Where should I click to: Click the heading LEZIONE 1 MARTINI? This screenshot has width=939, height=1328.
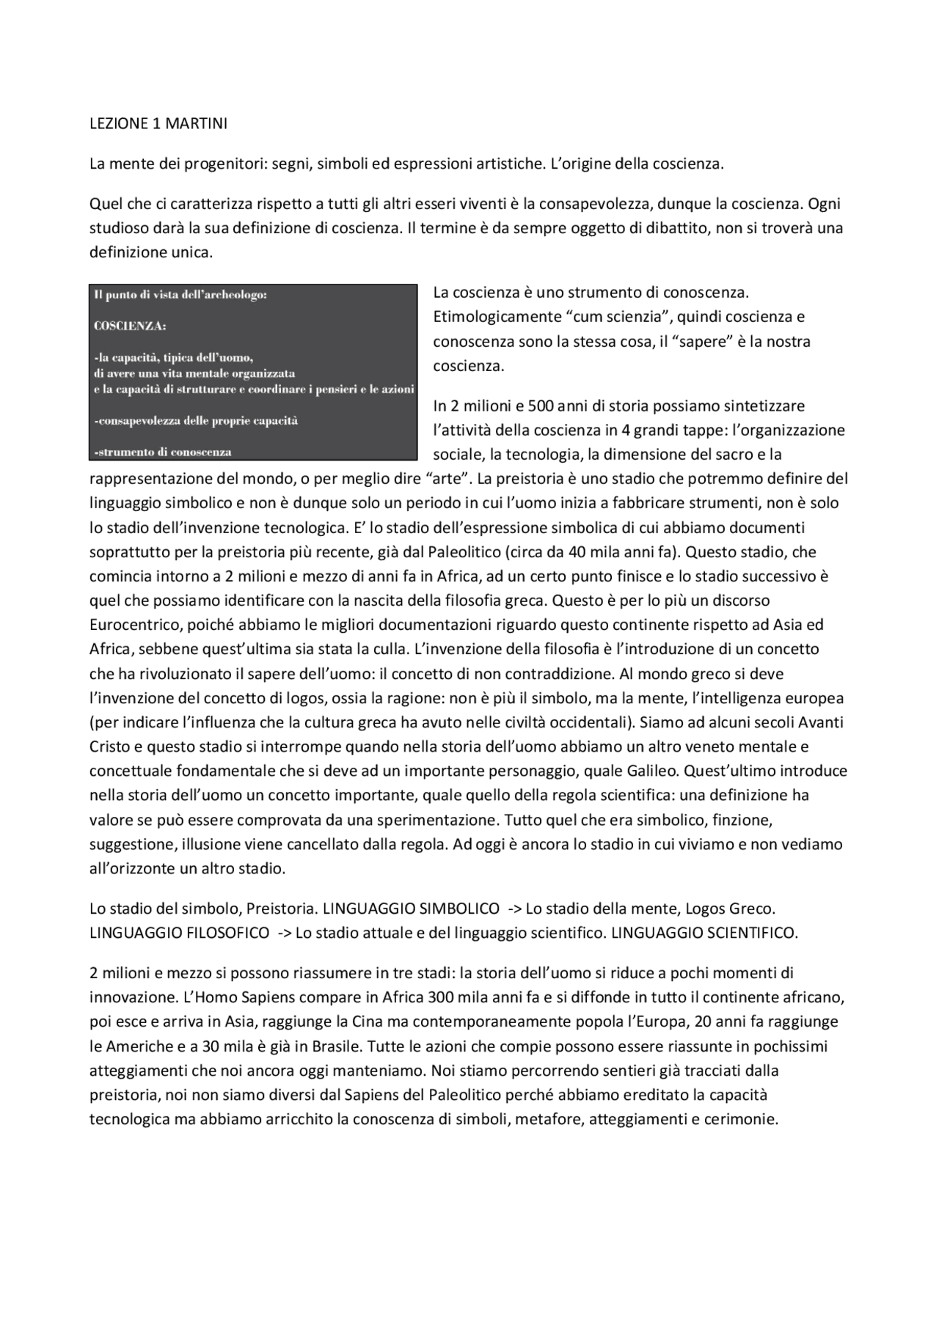point(158,124)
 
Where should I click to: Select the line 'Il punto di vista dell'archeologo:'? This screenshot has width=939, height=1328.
point(180,295)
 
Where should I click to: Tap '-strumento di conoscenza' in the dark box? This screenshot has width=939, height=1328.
point(163,452)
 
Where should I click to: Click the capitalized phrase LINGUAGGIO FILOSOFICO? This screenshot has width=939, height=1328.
point(180,933)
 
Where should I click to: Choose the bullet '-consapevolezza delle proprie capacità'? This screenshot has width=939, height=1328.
point(197,421)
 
